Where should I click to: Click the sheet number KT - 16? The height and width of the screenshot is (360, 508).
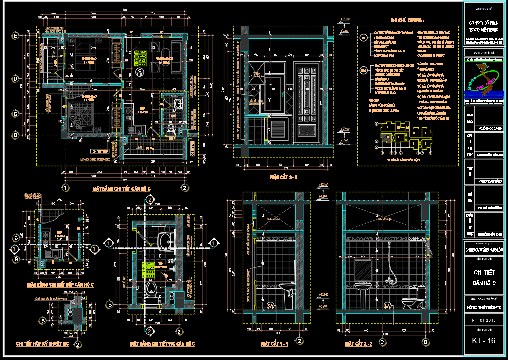[484, 341]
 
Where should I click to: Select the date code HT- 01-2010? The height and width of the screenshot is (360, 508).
[484, 319]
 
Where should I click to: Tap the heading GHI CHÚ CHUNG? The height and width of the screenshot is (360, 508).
[407, 20]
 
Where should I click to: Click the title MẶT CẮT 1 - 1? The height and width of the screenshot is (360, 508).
[275, 344]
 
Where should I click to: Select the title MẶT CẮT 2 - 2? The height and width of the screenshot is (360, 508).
[359, 344]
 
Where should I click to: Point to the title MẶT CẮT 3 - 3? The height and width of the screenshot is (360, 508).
[284, 178]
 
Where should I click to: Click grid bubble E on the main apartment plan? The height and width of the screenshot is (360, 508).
[16, 36]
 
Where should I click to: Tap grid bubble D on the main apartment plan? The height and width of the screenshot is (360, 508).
[16, 78]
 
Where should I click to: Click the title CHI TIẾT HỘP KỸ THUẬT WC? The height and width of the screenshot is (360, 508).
[42, 344]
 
